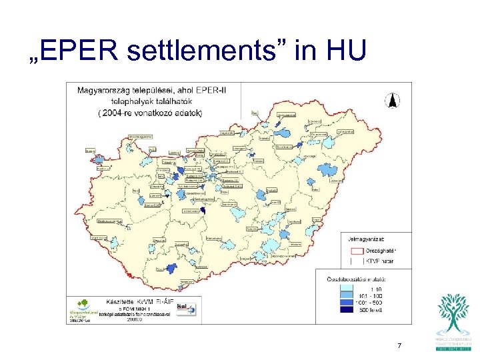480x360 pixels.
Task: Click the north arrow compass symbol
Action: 394,102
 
